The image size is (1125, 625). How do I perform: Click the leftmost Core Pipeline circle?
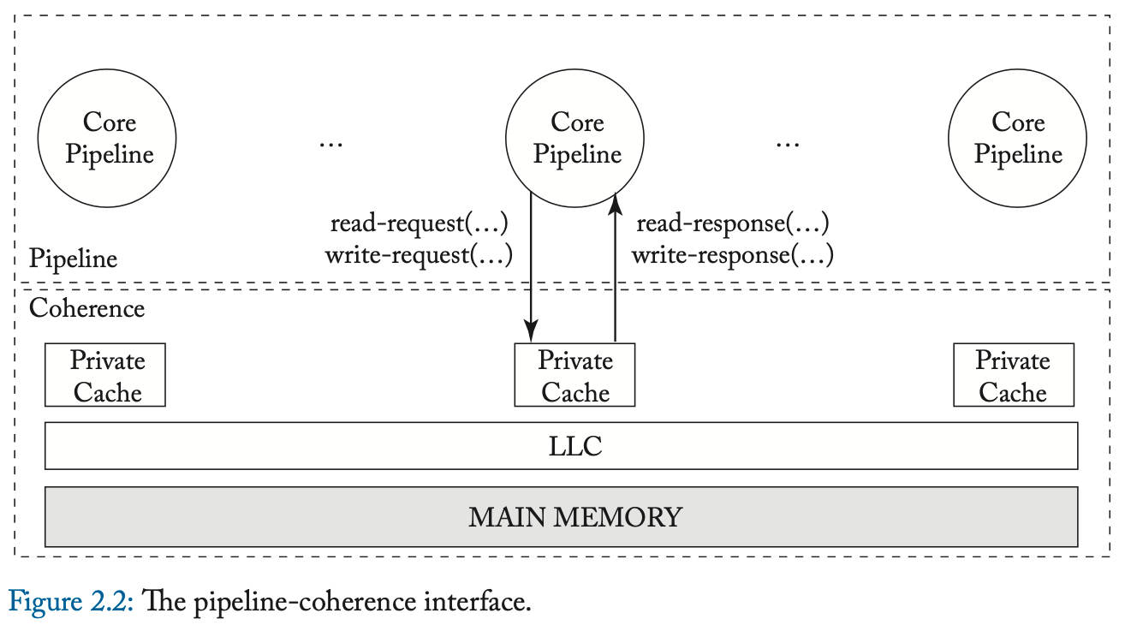pos(107,139)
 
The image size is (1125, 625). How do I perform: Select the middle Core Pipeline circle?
pos(575,139)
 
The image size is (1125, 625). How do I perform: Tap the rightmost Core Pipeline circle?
pos(1017,139)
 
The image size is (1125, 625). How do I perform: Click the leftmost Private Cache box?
pos(105,376)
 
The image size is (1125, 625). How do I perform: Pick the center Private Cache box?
pos(574,376)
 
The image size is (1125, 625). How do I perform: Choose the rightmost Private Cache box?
pos(1014,376)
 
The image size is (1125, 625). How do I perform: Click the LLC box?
pos(561,446)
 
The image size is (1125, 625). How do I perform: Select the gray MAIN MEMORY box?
pos(561,517)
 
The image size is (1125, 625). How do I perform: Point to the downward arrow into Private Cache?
pos(532,265)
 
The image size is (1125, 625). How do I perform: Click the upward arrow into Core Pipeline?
pos(615,265)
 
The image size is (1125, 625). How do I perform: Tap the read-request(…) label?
pos(420,223)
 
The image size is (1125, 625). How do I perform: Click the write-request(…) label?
pos(419,254)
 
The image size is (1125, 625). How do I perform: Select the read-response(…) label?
pos(732,223)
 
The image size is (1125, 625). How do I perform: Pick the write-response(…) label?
pos(732,254)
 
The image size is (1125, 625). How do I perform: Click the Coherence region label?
pos(86,308)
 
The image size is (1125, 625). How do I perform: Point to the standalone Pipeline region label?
pos(73,259)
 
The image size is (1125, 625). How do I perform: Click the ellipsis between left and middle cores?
pos(330,144)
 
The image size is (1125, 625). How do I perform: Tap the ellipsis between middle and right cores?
pos(787,144)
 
